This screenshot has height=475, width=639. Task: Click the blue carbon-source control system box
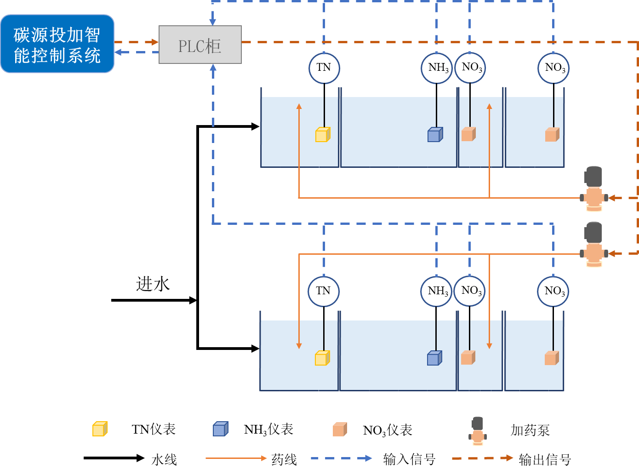[57, 44]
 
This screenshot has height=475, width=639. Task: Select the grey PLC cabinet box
[200, 45]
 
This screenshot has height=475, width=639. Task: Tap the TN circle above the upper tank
[324, 68]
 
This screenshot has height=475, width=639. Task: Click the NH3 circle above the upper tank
[437, 68]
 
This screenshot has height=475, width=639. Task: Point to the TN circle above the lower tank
[324, 291]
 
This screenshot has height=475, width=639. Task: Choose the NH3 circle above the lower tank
[436, 291]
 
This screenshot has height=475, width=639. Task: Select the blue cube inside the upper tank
[435, 135]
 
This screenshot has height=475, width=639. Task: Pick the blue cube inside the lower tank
[434, 358]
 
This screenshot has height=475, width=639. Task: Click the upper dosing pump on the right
[594, 189]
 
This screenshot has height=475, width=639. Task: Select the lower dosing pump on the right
[594, 245]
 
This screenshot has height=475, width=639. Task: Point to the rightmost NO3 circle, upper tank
[553, 68]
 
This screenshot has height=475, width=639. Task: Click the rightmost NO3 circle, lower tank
[553, 291]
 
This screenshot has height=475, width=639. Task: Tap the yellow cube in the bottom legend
[100, 429]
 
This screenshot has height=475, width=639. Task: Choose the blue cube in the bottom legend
[220, 429]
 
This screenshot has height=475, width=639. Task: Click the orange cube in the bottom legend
[340, 429]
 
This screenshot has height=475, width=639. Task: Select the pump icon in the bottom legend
[478, 431]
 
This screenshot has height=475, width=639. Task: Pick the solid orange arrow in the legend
[236, 458]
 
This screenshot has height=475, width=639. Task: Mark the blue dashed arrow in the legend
[341, 458]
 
